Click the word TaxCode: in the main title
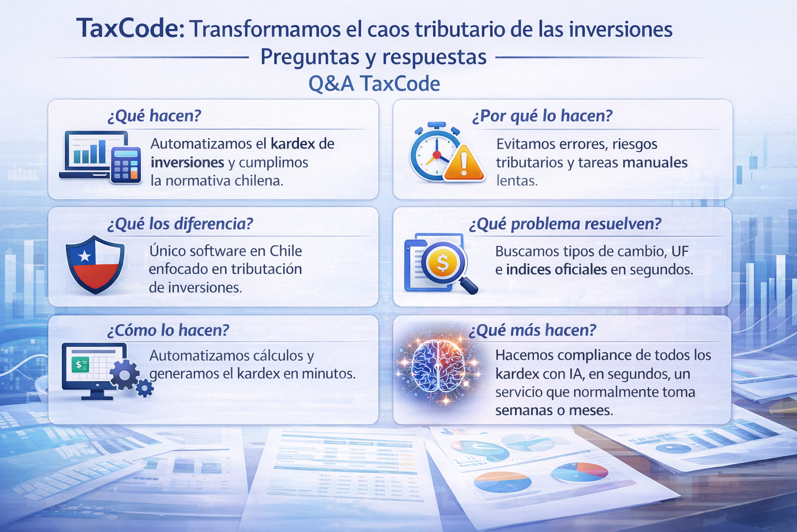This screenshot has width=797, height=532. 130,29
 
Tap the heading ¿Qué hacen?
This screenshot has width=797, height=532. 154,116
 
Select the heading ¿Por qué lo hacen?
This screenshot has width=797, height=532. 542,116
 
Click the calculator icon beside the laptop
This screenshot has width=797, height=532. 126,165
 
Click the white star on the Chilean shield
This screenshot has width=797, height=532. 84,256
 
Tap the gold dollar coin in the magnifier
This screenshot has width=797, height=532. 442,262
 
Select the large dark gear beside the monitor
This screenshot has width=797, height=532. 125,375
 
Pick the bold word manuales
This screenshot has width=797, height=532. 655,163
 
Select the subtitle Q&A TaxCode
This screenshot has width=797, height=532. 374,84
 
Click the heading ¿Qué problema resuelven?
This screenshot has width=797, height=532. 565,224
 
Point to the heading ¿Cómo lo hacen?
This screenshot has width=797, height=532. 168,330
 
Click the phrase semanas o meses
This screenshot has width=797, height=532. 554,410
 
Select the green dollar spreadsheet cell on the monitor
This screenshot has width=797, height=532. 80,365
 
